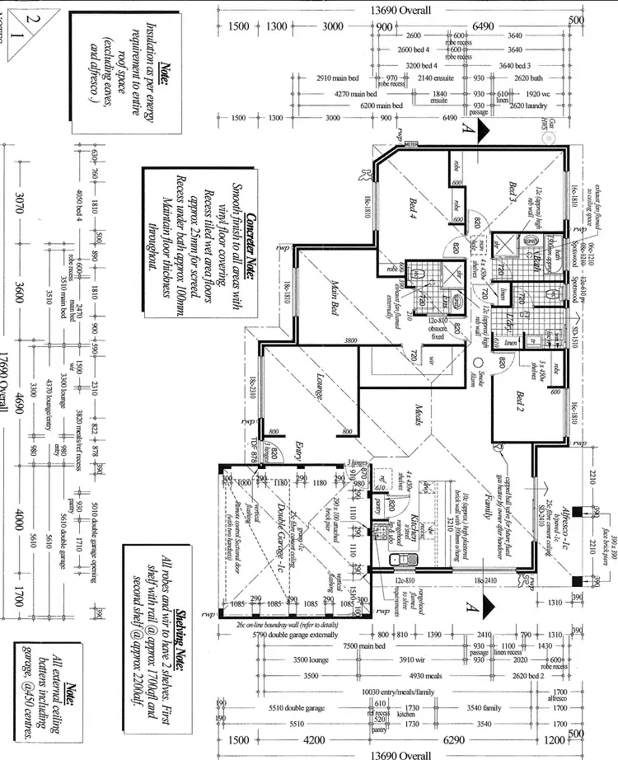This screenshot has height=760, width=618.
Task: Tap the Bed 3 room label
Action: (x=513, y=195)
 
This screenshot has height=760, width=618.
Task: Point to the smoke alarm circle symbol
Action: (x=478, y=362)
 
